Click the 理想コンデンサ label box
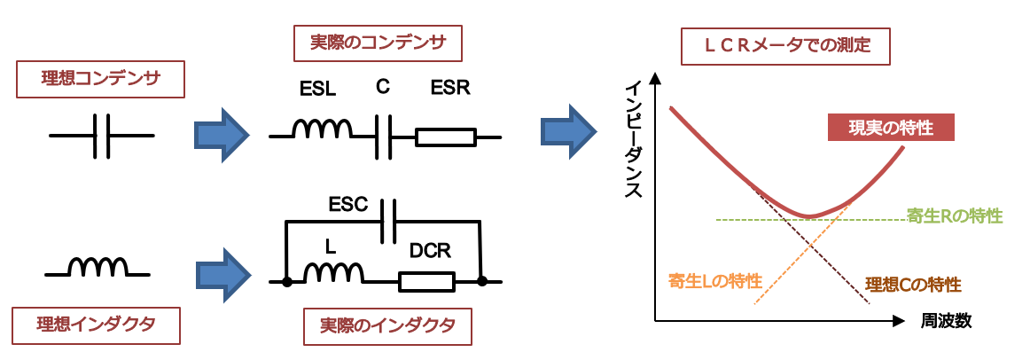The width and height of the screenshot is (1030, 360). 100,80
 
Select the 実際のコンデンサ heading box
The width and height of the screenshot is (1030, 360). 378,43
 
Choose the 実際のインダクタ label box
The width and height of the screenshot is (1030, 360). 386,325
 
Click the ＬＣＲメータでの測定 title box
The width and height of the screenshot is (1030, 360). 785,46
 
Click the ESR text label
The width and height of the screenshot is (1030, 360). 450,88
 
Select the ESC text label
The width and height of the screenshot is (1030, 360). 347,206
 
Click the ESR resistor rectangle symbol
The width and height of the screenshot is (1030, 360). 445,138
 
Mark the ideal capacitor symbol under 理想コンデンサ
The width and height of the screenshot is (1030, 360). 101,136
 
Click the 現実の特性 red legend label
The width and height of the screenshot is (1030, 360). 891,128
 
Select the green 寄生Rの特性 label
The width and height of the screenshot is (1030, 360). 955,215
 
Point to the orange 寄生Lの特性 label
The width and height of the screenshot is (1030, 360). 714,281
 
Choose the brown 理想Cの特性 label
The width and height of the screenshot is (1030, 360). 913,285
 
